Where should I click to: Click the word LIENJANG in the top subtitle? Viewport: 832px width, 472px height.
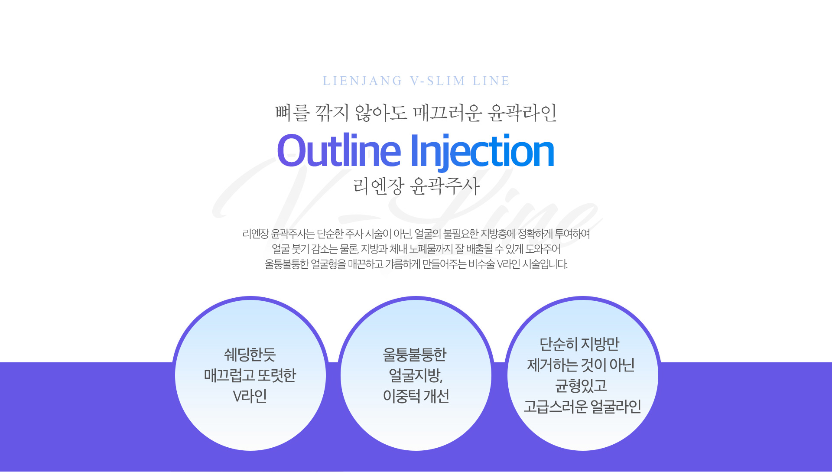click(x=363, y=81)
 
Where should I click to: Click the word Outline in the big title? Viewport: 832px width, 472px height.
click(x=339, y=151)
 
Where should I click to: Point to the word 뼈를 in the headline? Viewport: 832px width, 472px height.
click(x=293, y=113)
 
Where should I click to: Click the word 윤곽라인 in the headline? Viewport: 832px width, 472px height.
click(x=522, y=113)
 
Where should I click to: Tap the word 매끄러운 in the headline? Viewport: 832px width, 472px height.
click(x=448, y=113)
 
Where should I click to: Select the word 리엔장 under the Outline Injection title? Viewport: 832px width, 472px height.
click(x=378, y=186)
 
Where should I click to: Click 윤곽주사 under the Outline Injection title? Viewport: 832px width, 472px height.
click(x=445, y=186)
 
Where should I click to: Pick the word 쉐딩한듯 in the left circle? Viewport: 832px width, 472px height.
click(x=250, y=355)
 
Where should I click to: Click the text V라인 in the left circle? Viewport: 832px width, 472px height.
click(x=250, y=396)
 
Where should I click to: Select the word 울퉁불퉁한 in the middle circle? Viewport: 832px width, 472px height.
click(x=415, y=355)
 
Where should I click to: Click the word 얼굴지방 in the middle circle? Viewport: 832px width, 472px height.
click(x=415, y=375)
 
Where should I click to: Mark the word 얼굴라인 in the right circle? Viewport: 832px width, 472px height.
click(x=616, y=407)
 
